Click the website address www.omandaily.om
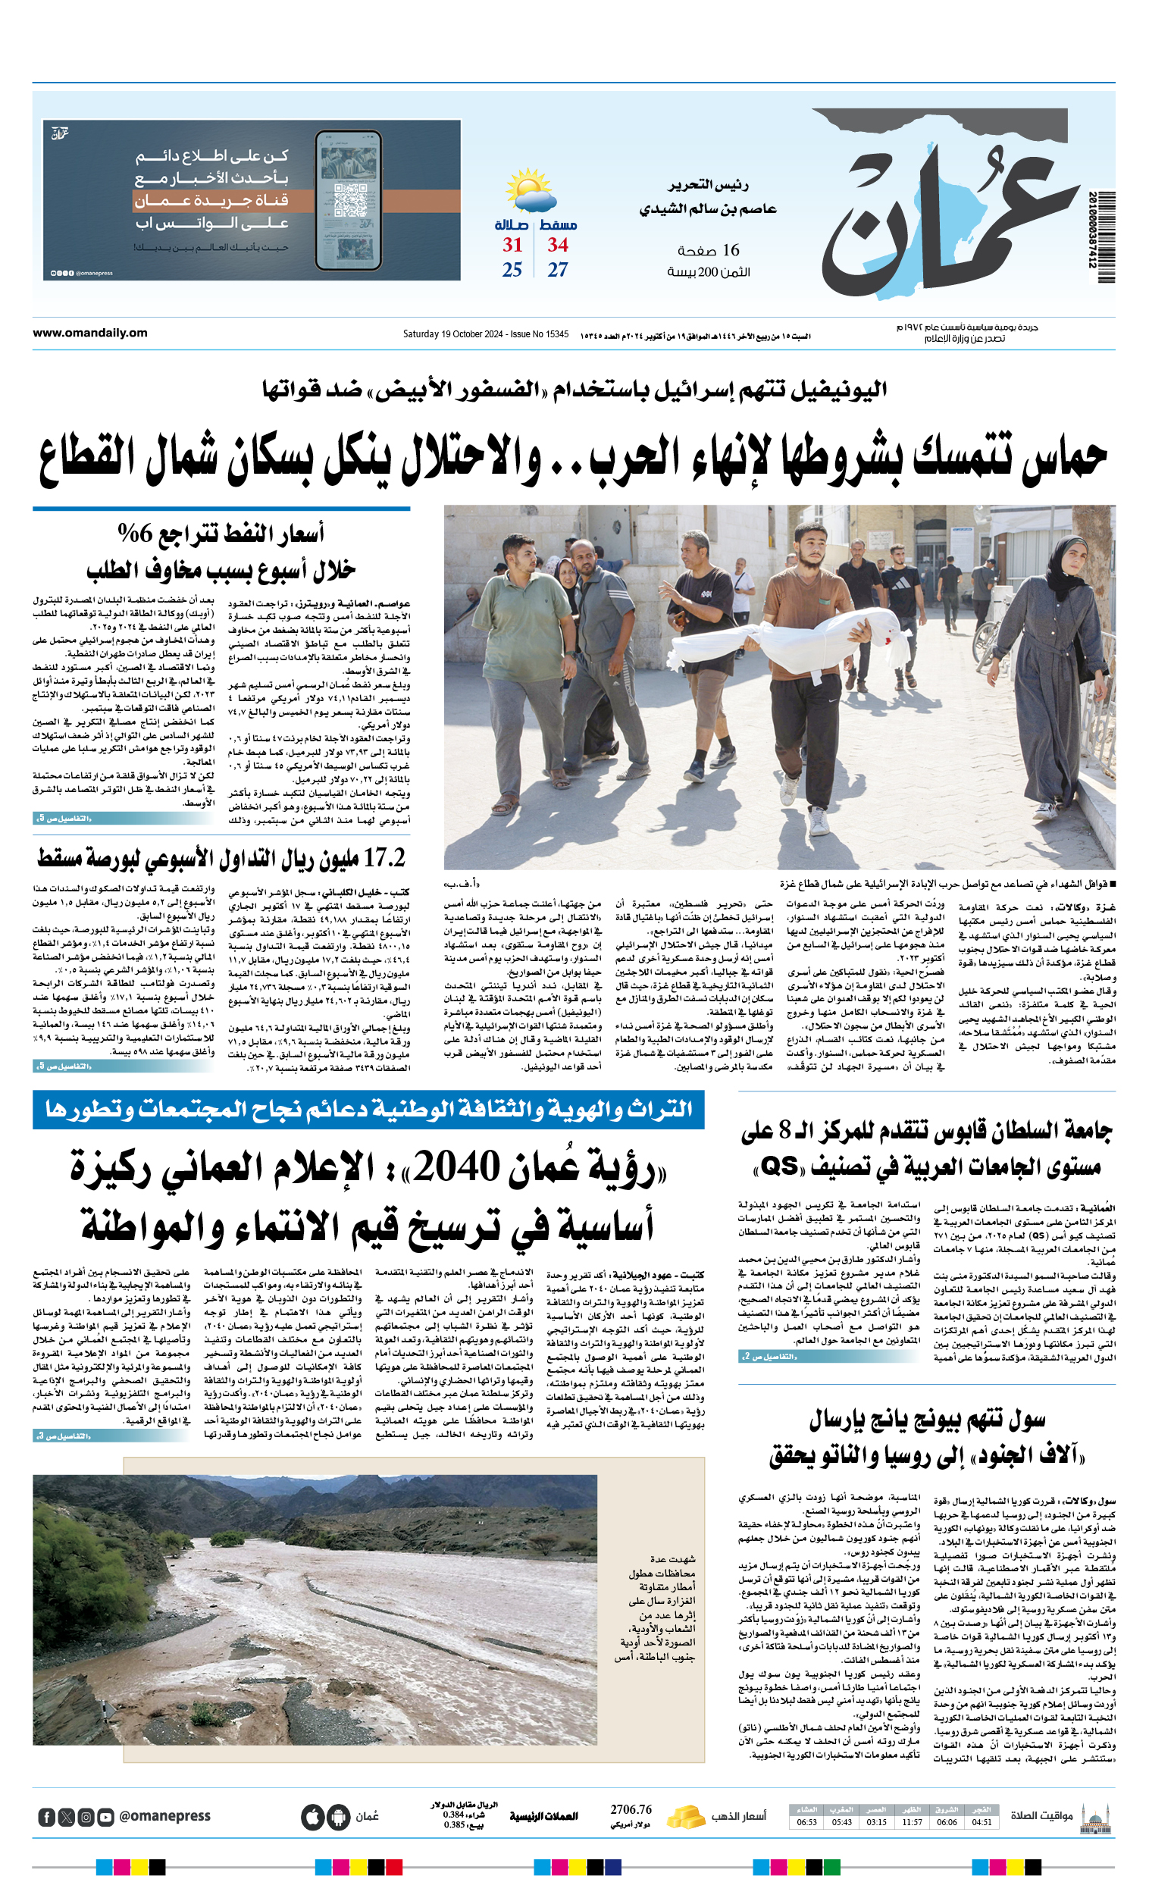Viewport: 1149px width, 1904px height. tap(89, 333)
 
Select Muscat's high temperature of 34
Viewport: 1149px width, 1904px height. tap(558, 245)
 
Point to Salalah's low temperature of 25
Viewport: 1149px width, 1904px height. tap(512, 270)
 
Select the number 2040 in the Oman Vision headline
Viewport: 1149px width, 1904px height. tap(457, 1167)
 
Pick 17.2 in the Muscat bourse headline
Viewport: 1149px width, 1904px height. tap(384, 857)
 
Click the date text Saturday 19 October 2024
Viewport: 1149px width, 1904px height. tap(452, 334)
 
